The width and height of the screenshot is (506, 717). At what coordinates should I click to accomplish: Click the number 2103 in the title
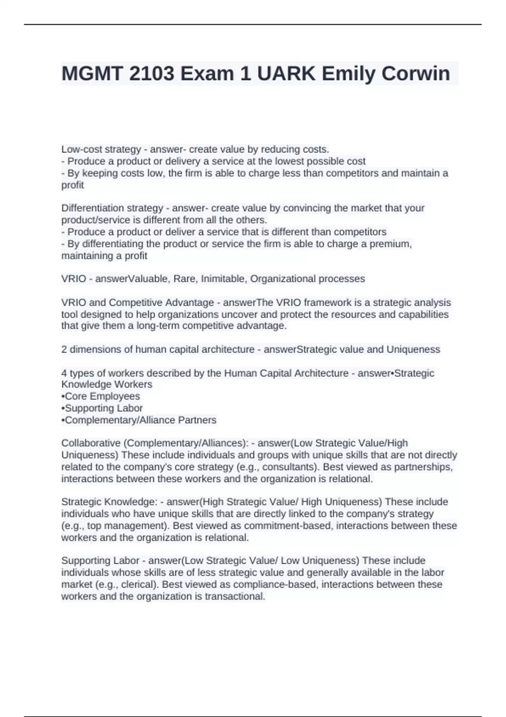click(x=152, y=74)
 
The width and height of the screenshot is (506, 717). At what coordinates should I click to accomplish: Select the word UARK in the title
click(x=286, y=74)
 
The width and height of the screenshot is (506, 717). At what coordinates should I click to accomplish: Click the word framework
click(x=323, y=302)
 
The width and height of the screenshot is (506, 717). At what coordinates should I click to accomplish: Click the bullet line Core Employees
click(x=101, y=396)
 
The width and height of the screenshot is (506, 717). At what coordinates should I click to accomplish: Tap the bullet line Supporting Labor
click(x=102, y=408)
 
